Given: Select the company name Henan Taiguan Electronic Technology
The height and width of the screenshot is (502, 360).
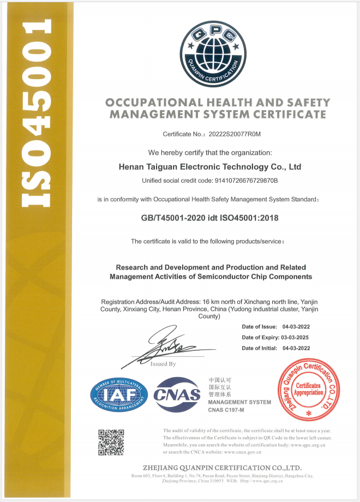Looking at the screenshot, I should [x=209, y=166].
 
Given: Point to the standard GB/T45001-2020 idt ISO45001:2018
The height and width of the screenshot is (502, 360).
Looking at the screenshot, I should [x=209, y=218].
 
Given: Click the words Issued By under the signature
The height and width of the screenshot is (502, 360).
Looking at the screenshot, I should [x=163, y=364].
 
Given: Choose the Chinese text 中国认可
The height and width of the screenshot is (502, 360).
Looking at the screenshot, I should [x=220, y=379].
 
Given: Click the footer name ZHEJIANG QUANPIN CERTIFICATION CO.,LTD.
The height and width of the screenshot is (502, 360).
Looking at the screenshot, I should [x=221, y=468].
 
